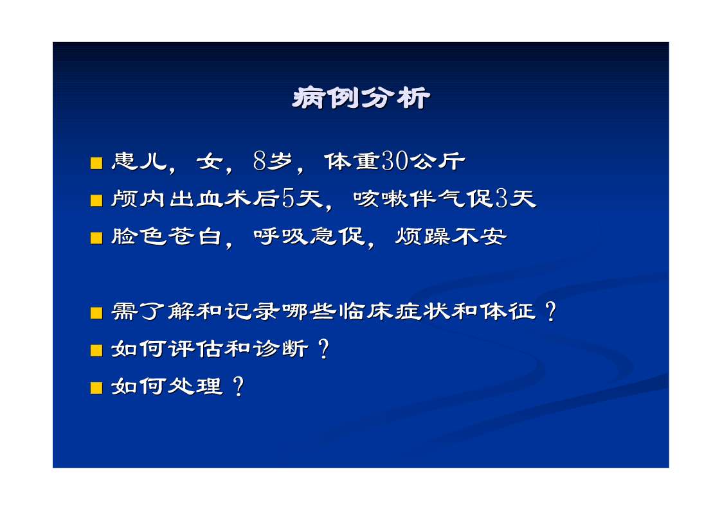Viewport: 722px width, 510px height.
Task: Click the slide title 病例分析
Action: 361,98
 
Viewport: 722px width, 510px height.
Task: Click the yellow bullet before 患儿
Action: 96,163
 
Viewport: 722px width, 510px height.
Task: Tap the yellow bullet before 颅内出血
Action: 96,200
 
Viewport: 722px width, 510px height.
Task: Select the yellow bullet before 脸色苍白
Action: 96,238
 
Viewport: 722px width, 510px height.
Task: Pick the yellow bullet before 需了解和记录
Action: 96,313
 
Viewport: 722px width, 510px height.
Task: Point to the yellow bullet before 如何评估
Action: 96,351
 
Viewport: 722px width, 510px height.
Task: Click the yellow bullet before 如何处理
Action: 96,388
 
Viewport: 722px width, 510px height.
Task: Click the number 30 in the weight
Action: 395,161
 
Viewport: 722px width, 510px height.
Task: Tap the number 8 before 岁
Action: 260,161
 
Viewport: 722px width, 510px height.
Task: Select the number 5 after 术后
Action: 288,198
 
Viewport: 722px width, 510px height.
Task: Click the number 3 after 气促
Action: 502,198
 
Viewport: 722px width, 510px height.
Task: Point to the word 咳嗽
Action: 381,198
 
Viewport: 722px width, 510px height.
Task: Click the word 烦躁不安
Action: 451,236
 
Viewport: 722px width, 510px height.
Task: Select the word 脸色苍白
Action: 167,236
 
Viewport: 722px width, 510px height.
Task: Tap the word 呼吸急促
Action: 309,236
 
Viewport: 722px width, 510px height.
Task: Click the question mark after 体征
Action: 550,312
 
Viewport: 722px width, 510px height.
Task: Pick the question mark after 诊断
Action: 323,349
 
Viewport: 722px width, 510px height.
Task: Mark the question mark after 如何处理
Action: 239,386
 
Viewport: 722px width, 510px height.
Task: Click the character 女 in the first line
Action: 210,161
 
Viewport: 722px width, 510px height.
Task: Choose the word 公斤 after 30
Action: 437,161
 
